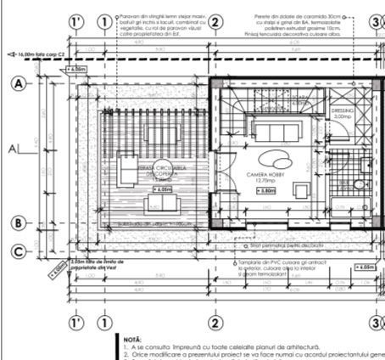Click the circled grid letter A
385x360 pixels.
coord(18,83)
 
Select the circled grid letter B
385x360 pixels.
coord(18,224)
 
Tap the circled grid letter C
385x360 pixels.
coord(18,250)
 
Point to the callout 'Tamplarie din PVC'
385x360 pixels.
coord(276,268)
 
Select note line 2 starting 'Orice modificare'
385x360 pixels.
coord(254,354)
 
